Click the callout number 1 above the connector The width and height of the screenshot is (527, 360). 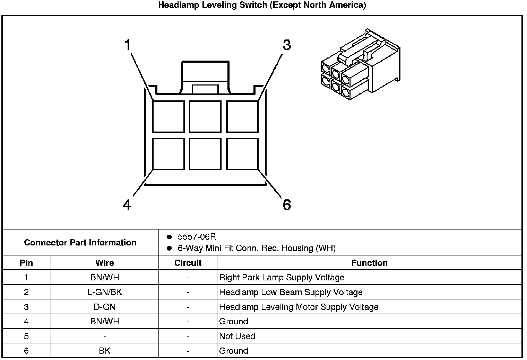pos(128,45)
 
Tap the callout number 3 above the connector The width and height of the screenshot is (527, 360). pos(287,45)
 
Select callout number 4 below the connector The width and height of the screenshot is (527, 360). pos(127,205)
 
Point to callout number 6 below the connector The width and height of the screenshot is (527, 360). pos(287,205)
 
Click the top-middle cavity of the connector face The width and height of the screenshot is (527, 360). pos(205,117)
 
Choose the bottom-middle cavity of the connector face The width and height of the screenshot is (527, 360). pos(205,154)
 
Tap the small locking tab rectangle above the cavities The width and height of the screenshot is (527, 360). pos(205,89)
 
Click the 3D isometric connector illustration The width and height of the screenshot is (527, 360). pos(361,64)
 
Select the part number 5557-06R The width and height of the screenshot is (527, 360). pos(197,237)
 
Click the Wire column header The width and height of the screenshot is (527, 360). pos(105,263)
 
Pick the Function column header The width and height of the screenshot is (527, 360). pos(369,263)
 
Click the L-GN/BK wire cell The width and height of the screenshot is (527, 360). pos(105,292)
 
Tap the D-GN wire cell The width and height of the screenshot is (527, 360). pos(105,307)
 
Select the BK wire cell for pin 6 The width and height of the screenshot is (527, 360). pos(105,351)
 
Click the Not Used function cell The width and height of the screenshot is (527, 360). pos(237,336)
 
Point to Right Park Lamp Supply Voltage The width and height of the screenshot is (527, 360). pos(282,277)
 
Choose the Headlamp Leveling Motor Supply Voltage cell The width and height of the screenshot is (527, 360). pos(299,307)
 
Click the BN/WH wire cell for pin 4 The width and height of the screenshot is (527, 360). pos(105,321)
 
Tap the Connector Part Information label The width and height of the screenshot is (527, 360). pos(80,242)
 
